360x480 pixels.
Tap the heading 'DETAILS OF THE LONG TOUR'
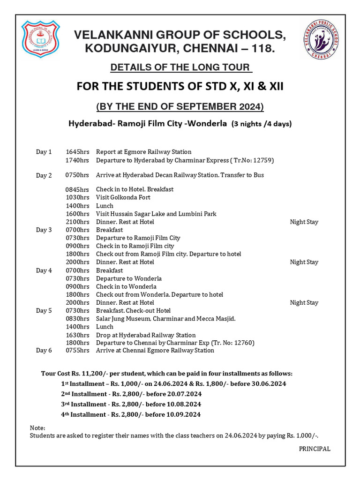pos(180,67)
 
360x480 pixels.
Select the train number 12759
pos(260,160)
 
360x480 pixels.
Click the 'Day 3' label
pos(44,230)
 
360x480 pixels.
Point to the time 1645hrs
pos(77,152)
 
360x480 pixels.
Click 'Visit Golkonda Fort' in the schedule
pos(123,197)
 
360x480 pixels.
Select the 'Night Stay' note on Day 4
pos(304,302)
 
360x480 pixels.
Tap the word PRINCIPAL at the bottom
pos(315,449)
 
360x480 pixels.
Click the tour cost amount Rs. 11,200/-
pos(93,374)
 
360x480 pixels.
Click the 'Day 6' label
pos(44,350)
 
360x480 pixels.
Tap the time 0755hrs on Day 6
pos(77,350)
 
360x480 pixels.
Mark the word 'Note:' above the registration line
pos(37,428)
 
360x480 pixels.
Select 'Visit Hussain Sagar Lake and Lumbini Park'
pos(156,214)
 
